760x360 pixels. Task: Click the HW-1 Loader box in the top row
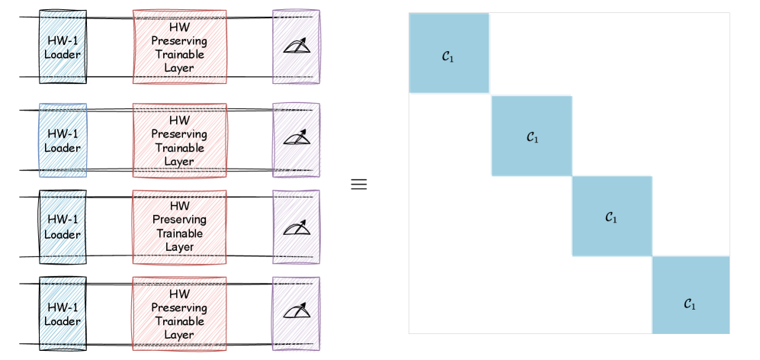tap(63, 47)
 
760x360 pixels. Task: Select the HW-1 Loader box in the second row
tap(63, 140)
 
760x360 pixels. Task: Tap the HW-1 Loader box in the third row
tap(63, 227)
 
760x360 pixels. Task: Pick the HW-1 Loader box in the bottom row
tap(63, 313)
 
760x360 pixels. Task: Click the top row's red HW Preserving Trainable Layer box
tap(179, 47)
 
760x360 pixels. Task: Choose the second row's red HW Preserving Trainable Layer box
tap(179, 140)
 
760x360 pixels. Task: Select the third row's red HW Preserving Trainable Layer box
tap(179, 227)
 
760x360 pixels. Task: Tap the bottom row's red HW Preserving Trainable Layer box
tap(179, 313)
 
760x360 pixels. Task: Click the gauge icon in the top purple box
tap(296, 47)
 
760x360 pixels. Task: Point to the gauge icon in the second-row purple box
tap(296, 138)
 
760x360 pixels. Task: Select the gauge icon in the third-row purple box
tap(296, 225)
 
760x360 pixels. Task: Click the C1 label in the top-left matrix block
tap(448, 56)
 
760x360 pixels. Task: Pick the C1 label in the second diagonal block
tap(532, 137)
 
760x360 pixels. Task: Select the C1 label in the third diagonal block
tap(611, 217)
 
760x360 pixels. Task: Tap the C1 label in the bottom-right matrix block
tap(689, 303)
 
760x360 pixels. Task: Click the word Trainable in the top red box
tap(179, 56)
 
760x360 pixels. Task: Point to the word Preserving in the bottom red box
tap(179, 307)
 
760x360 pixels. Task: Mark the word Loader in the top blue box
tap(63, 55)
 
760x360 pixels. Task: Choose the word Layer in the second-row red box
tap(179, 161)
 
